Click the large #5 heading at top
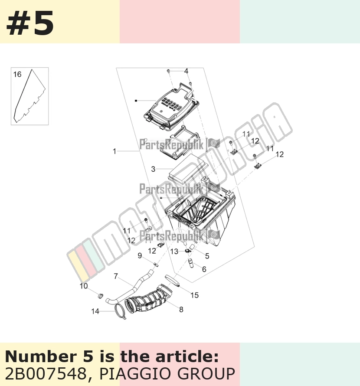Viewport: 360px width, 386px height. tap(30, 23)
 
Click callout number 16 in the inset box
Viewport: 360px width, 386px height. tap(17, 74)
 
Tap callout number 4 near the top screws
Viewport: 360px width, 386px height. tap(186, 71)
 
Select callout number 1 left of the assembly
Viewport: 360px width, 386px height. tap(114, 151)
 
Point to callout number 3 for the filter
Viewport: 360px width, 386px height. tap(153, 169)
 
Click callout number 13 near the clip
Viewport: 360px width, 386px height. tap(174, 252)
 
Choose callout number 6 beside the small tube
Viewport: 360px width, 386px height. tap(204, 269)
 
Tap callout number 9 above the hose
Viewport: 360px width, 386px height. tap(140, 255)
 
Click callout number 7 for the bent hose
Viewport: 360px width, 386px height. tap(116, 276)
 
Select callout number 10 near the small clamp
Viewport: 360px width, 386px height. tap(83, 286)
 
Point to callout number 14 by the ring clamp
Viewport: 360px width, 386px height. tap(95, 311)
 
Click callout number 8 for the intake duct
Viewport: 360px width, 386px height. tap(181, 309)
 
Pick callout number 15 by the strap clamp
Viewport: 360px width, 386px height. tap(194, 295)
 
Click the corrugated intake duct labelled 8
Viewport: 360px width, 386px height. tap(148, 299)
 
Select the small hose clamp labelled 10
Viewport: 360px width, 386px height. tap(101, 296)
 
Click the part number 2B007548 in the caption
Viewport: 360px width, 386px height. tap(45, 374)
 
